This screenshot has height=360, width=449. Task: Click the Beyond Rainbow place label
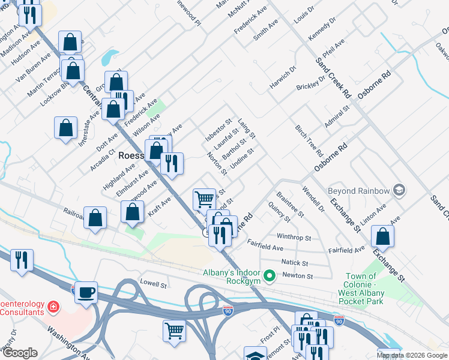click(x=359, y=191)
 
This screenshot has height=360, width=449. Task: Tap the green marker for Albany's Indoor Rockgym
click(x=270, y=276)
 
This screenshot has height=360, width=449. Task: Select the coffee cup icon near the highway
click(x=87, y=292)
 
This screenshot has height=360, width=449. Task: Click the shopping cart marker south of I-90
click(x=174, y=330)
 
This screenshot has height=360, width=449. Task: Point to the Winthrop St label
click(x=294, y=237)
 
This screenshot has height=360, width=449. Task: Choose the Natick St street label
click(x=295, y=263)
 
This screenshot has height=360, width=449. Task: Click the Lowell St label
click(x=152, y=283)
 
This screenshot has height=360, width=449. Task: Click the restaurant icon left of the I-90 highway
click(x=22, y=260)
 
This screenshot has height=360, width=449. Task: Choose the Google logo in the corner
click(x=20, y=353)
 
